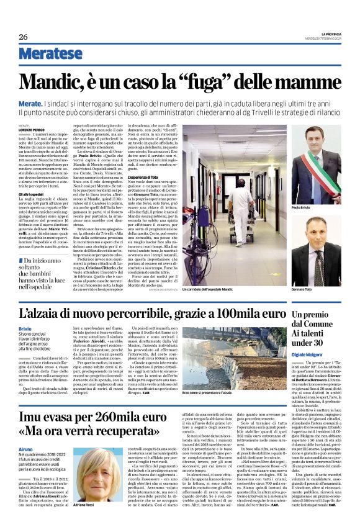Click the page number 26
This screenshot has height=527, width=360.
(23, 37)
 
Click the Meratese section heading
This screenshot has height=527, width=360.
(50, 54)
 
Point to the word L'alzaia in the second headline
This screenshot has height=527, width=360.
(49, 313)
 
